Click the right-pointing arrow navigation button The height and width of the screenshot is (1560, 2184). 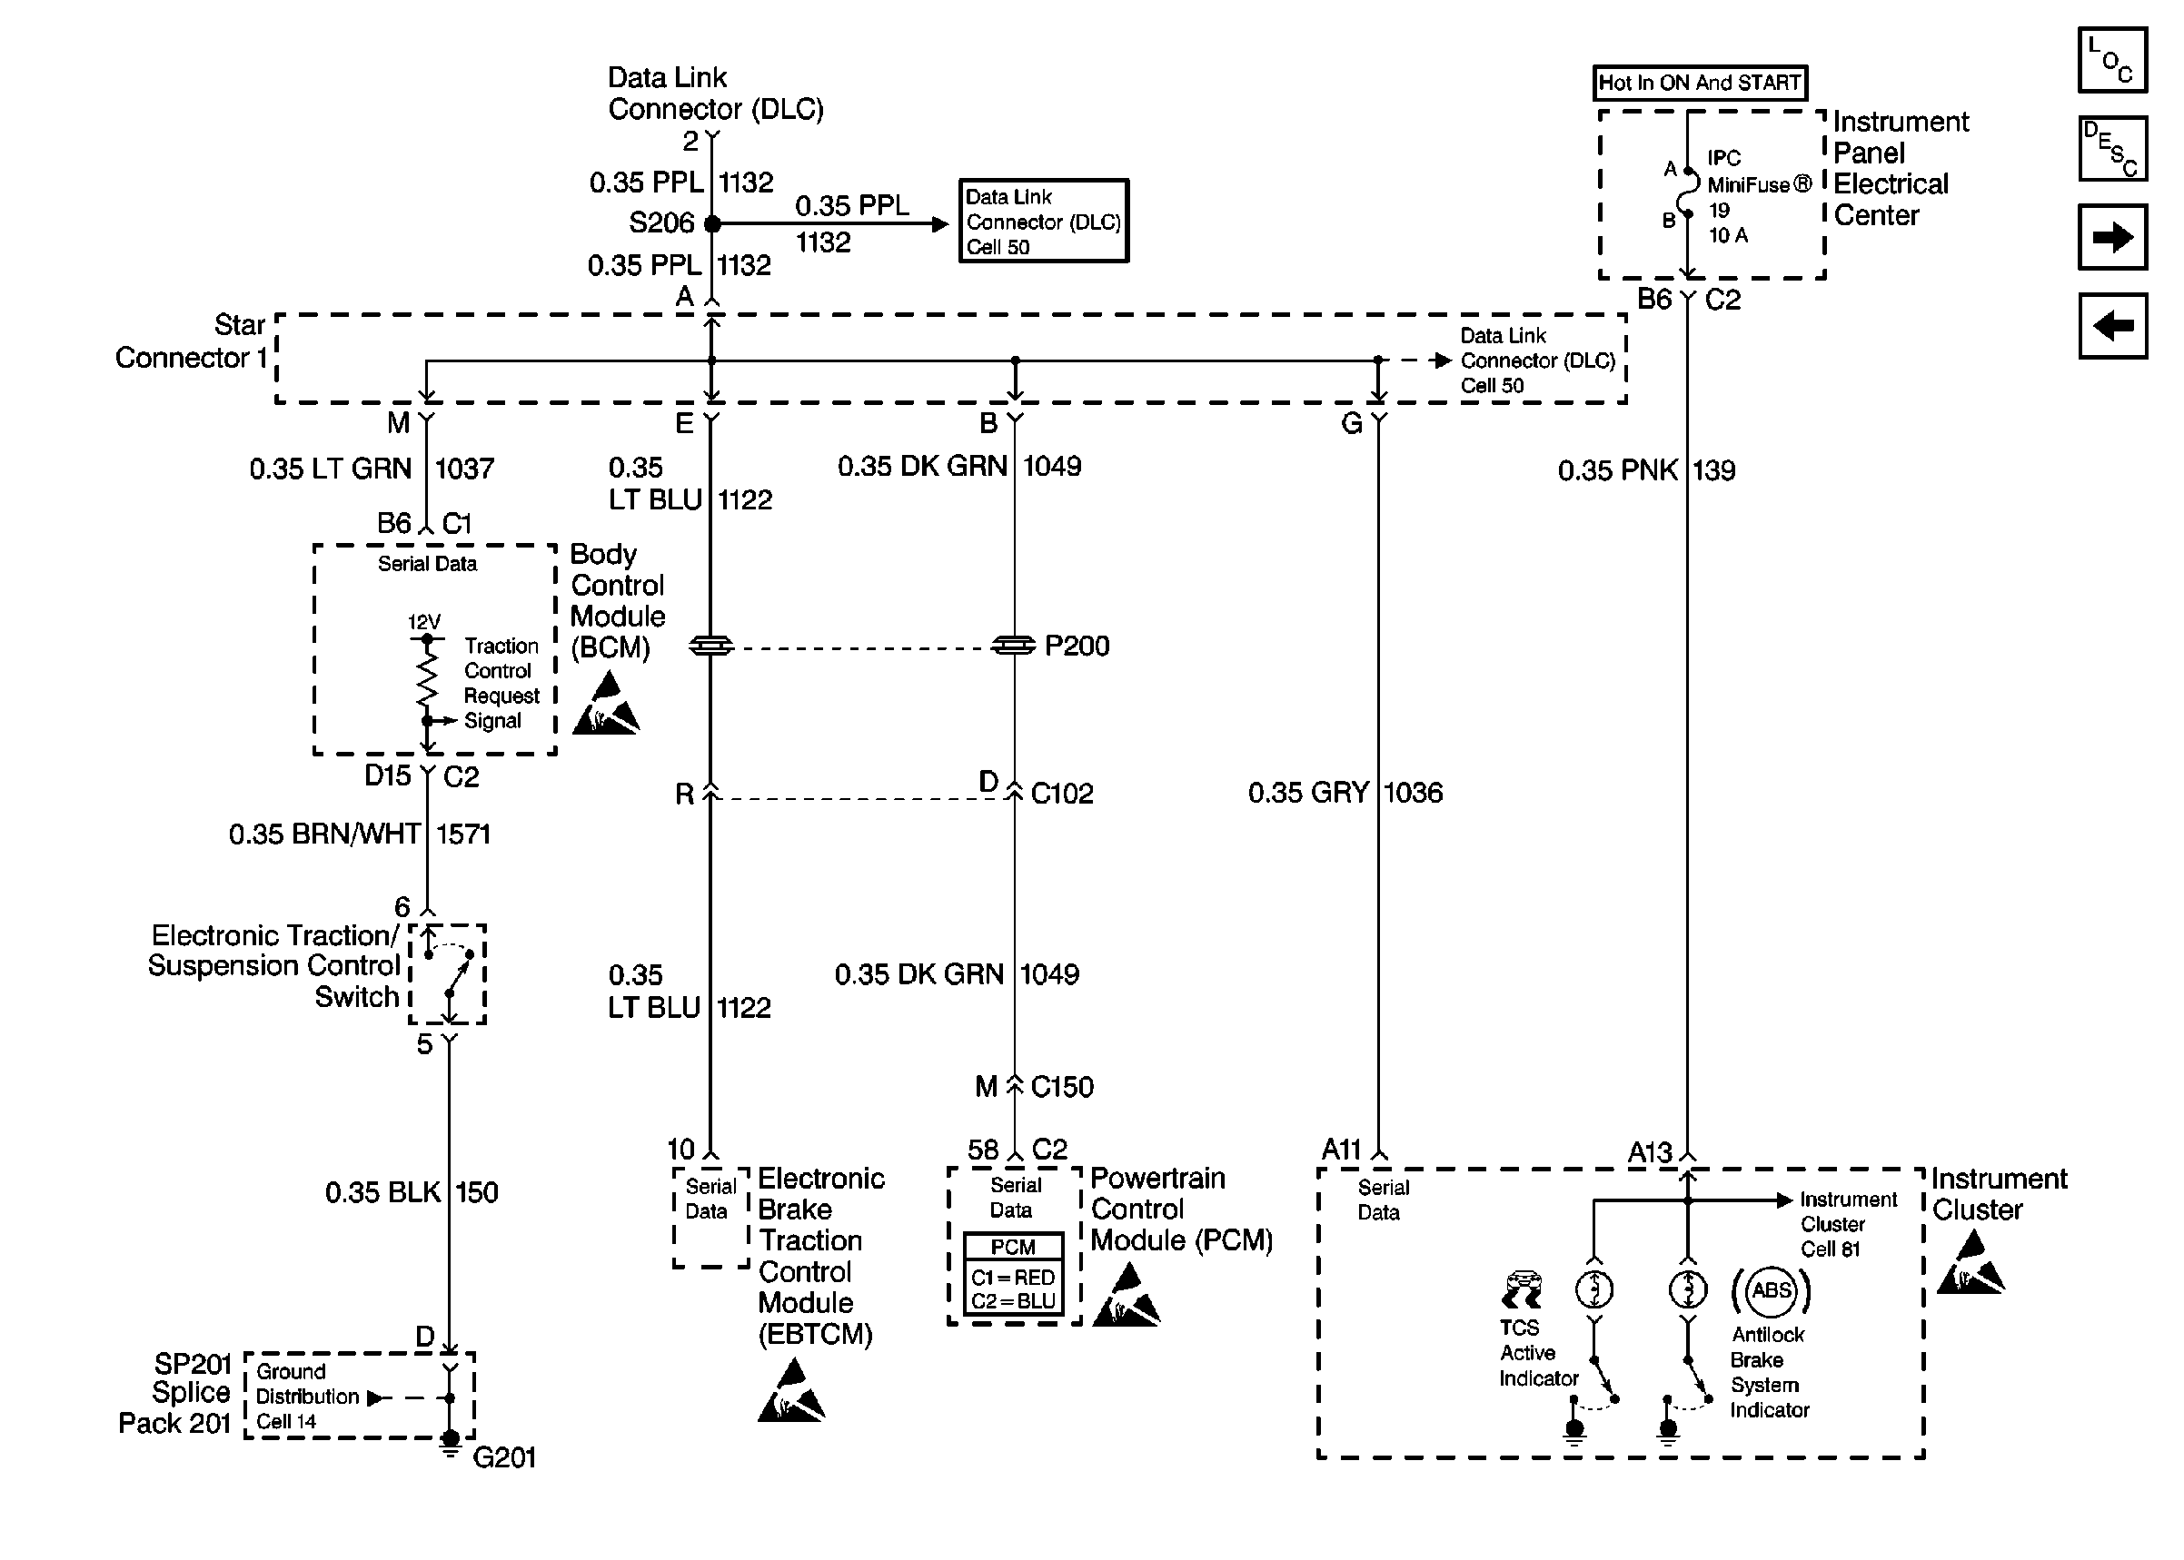pos(2112,237)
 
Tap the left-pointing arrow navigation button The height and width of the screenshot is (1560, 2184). pos(2112,327)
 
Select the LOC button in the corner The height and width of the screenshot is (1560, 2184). pos(2112,60)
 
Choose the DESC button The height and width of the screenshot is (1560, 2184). pos(2112,149)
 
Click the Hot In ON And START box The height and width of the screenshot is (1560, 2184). pos(1699,83)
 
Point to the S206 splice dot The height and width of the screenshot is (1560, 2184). pos(712,223)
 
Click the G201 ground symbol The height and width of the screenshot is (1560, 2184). pos(450,1445)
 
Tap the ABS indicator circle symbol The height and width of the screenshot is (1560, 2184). pos(1771,1290)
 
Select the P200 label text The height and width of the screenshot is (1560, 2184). pos(1077,646)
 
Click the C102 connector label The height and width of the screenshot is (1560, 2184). pos(1062,794)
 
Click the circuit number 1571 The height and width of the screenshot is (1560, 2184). pos(463,834)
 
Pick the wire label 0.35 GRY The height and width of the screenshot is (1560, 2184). pos(1307,793)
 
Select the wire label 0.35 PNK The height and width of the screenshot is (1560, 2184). pos(1618,470)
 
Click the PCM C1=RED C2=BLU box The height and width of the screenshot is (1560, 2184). pos(1014,1274)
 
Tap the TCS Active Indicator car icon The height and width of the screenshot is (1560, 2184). pos(1521,1290)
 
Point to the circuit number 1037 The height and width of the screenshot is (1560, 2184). pos(465,469)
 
